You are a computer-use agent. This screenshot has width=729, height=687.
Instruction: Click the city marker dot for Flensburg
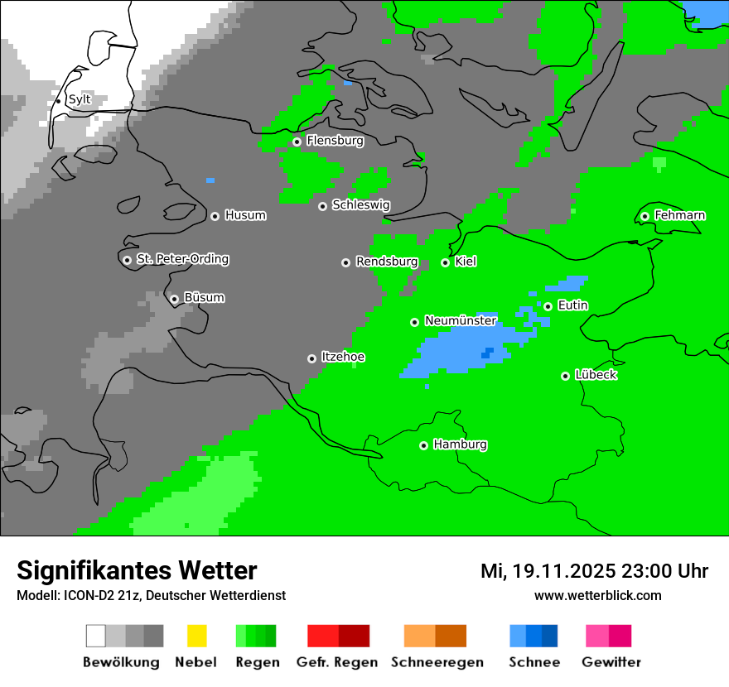pos(297,142)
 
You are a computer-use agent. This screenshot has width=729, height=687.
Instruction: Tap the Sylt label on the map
pos(80,99)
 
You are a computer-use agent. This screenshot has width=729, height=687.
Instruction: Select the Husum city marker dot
pos(215,216)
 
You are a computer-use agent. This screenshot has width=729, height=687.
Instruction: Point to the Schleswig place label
pos(361,204)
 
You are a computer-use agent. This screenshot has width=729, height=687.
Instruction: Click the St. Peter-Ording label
pos(182,259)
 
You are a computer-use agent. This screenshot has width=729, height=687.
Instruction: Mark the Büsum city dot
pos(174,299)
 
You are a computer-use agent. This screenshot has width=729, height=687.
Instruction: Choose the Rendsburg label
pos(387,262)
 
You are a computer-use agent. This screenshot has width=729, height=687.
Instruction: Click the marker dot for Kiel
pos(445,262)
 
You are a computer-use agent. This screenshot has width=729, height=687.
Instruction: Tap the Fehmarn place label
pos(680,215)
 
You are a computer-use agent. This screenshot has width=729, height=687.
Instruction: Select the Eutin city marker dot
pos(548,306)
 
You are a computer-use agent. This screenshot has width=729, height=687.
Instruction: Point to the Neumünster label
pos(461,320)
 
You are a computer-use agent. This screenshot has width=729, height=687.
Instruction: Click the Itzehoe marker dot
pos(311,358)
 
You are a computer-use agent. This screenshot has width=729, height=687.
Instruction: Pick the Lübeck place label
pos(596,375)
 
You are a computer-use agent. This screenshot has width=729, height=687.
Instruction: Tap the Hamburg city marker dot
pos(423,445)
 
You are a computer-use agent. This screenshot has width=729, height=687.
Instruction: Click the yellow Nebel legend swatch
pos(196,636)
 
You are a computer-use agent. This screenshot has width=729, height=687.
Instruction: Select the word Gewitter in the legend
pos(611,662)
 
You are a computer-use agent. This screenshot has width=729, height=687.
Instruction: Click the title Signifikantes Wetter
pos(137,570)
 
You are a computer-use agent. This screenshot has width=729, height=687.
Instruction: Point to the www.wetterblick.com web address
pos(597,595)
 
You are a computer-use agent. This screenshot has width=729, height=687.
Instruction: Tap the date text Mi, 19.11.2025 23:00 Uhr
pos(594,570)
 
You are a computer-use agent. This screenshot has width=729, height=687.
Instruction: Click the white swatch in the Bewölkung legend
pos(96,636)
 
